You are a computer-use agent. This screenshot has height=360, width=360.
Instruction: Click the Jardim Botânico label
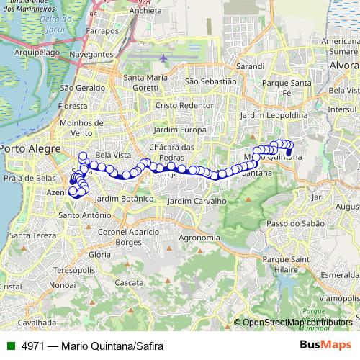pyautogui.click(x=124, y=198)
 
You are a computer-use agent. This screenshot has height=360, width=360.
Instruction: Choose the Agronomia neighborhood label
pyautogui.click(x=199, y=238)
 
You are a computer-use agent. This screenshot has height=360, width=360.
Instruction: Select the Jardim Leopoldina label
pyautogui.click(x=274, y=115)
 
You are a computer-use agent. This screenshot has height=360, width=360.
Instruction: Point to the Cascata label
pyautogui.click(x=129, y=283)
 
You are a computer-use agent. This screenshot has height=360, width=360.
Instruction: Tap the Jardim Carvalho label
pyautogui.click(x=197, y=201)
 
